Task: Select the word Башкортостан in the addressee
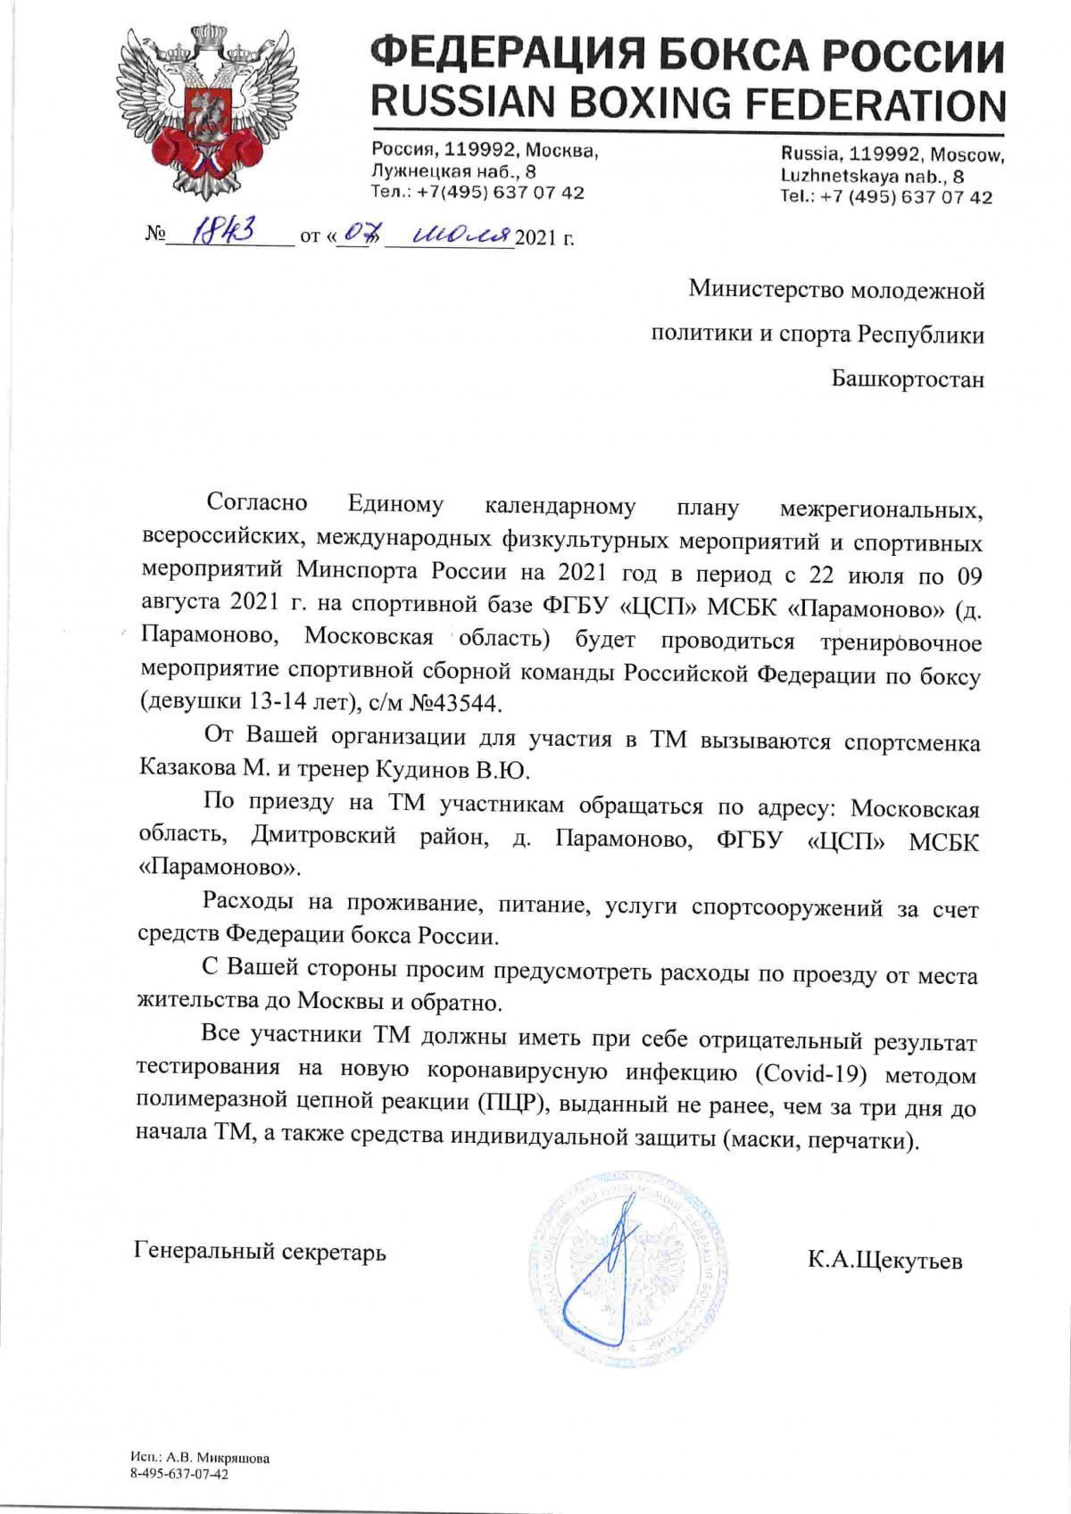coord(909,380)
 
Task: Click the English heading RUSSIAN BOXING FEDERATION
coord(687,105)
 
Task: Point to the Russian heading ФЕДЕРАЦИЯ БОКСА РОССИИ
coord(687,56)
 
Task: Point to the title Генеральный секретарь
coord(260,1252)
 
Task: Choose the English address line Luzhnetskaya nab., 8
coord(872,177)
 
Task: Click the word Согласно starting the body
coord(257,503)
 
